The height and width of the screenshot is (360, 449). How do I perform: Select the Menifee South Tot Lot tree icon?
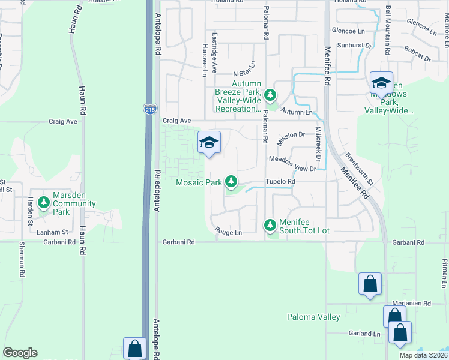click(x=270, y=225)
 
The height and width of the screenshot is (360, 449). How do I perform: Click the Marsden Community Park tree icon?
click(x=44, y=203)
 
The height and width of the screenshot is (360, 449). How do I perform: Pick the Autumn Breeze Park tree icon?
click(x=270, y=94)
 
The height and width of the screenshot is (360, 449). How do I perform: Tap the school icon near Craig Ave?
click(x=209, y=143)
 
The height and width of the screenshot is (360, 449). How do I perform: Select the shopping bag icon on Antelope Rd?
click(x=134, y=349)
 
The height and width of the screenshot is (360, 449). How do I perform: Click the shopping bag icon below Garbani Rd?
click(x=370, y=284)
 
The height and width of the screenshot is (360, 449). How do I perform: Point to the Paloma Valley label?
click(x=313, y=317)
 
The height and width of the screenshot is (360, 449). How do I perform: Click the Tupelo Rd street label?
click(x=282, y=181)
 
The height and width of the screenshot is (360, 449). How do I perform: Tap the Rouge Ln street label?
click(x=228, y=232)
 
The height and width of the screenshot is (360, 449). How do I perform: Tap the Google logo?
click(x=20, y=353)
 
